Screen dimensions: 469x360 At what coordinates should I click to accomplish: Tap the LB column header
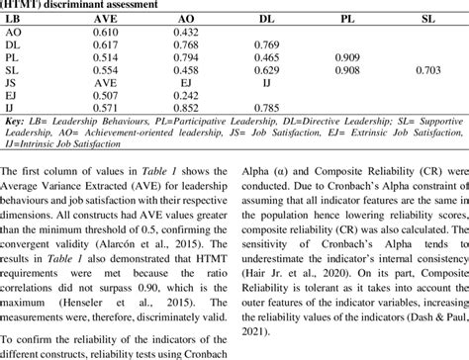click(x=17, y=18)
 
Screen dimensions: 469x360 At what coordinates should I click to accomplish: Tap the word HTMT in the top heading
click(x=27, y=4)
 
